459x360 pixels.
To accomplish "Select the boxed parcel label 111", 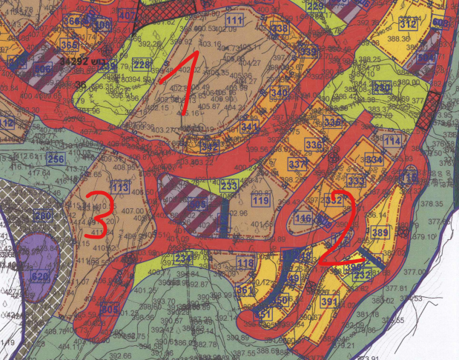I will click(x=236, y=20).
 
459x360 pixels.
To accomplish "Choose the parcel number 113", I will click(x=119, y=187).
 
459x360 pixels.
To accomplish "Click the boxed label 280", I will click(x=43, y=216).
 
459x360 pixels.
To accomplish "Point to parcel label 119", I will click(x=260, y=201).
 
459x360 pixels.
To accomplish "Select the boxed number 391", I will click(x=329, y=302).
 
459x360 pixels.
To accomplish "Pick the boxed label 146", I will click(x=303, y=219).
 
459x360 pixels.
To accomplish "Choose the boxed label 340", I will click(x=280, y=93).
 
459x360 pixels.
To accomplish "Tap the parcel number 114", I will click(x=392, y=141).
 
